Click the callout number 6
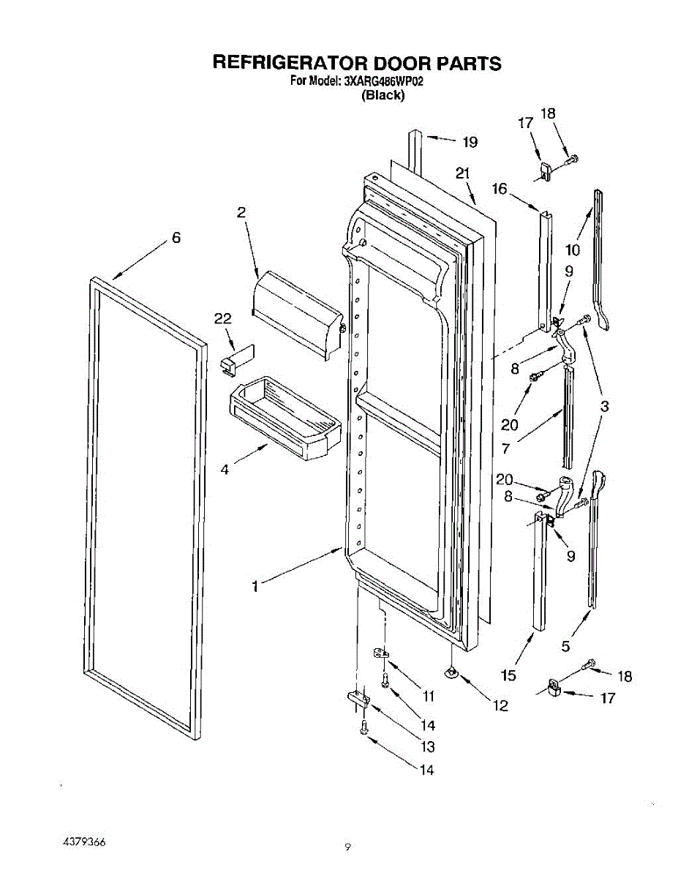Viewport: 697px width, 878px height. (x=176, y=238)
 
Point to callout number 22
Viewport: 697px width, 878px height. (x=222, y=319)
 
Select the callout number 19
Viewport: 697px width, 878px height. (x=470, y=142)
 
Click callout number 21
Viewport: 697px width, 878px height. (x=462, y=174)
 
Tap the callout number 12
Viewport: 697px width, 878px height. (x=500, y=706)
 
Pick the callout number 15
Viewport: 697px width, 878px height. (x=508, y=675)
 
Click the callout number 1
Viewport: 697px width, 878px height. (x=255, y=587)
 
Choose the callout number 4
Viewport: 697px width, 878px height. (x=225, y=470)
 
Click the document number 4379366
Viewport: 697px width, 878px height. (x=84, y=841)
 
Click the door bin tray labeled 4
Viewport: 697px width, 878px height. (x=285, y=419)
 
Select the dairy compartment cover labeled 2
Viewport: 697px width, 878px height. (x=297, y=315)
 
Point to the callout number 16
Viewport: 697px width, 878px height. (x=500, y=189)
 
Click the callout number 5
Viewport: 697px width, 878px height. (x=565, y=646)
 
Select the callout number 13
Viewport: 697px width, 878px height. (x=427, y=746)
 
